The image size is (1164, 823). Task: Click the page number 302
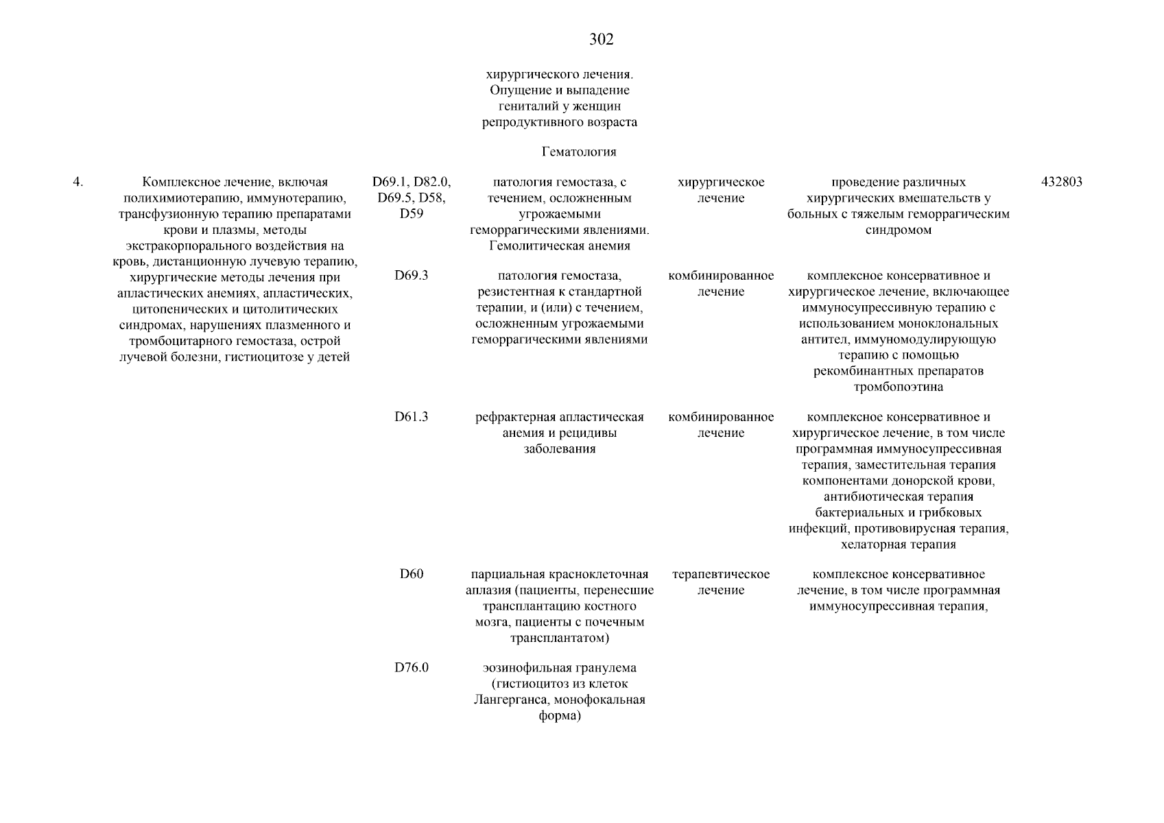tap(601, 40)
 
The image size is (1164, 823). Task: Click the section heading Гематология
tap(579, 152)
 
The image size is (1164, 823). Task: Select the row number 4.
tap(78, 182)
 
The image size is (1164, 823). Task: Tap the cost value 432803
tap(1062, 182)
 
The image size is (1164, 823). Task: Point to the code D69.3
tap(412, 276)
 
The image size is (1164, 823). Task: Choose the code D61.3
tap(412, 417)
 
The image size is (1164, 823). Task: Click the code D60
tap(412, 574)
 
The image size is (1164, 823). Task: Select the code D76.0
tap(412, 668)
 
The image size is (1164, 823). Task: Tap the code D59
tap(412, 214)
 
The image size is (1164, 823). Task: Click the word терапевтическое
tap(721, 575)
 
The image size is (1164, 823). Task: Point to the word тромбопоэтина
tap(898, 387)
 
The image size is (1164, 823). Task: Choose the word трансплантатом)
tap(560, 639)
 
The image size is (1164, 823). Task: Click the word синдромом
tap(898, 230)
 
